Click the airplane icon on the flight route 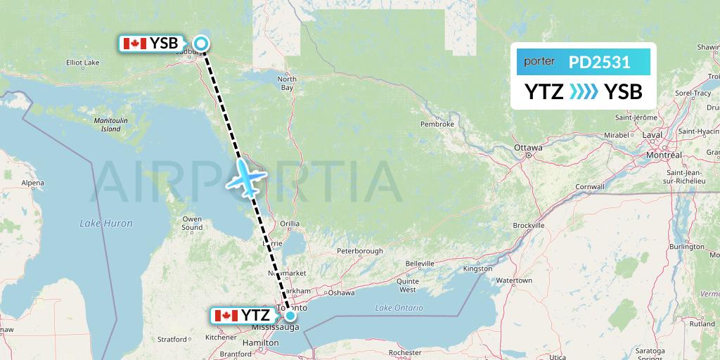[x=245, y=176]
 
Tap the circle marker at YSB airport [x=201, y=44]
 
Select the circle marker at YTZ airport [x=290, y=315]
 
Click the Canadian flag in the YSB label [x=134, y=44]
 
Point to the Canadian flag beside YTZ [x=225, y=315]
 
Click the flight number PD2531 [x=599, y=62]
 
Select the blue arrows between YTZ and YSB [x=584, y=91]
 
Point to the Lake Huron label [x=106, y=223]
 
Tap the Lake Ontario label [x=399, y=308]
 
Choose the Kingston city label [x=477, y=269]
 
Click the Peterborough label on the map [x=359, y=251]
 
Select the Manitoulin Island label [x=110, y=124]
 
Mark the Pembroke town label [x=437, y=124]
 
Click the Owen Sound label [x=192, y=223]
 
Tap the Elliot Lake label [x=82, y=62]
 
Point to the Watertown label [x=514, y=281]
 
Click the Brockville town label [x=529, y=226]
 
